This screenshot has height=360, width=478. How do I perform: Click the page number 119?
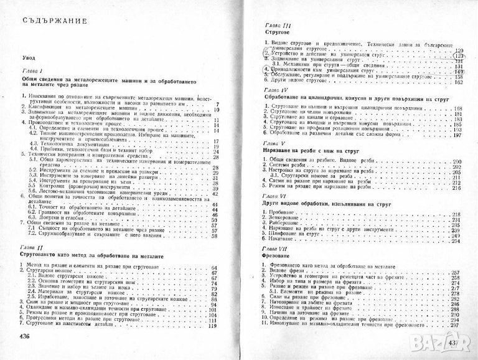coord(213,326)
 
